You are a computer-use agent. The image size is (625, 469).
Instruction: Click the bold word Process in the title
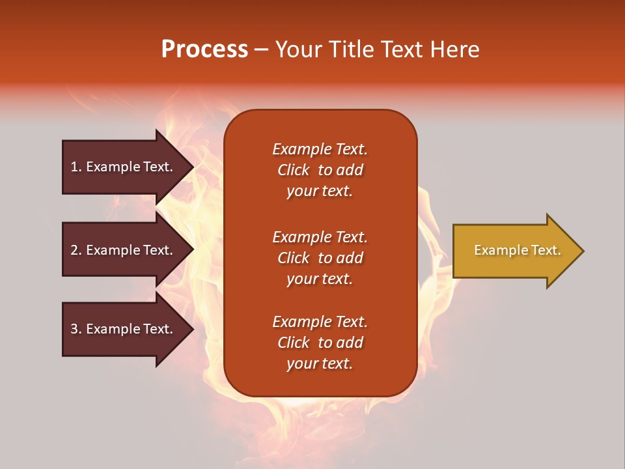click(204, 50)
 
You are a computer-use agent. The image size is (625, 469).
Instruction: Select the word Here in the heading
click(455, 50)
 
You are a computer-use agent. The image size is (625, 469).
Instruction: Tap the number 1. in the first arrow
click(76, 167)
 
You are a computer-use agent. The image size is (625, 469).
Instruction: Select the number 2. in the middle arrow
click(76, 250)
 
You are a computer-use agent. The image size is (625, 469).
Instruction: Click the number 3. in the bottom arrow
click(76, 329)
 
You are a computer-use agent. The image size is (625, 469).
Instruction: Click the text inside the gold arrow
click(517, 250)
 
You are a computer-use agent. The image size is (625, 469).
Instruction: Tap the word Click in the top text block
click(294, 170)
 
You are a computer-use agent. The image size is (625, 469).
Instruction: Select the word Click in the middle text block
click(294, 258)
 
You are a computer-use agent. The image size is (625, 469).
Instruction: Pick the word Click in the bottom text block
click(294, 343)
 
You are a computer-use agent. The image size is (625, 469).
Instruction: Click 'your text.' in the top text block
click(320, 192)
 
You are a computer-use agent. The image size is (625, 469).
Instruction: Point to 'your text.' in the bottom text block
click(320, 364)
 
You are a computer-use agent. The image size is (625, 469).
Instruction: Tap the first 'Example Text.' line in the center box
click(320, 149)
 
